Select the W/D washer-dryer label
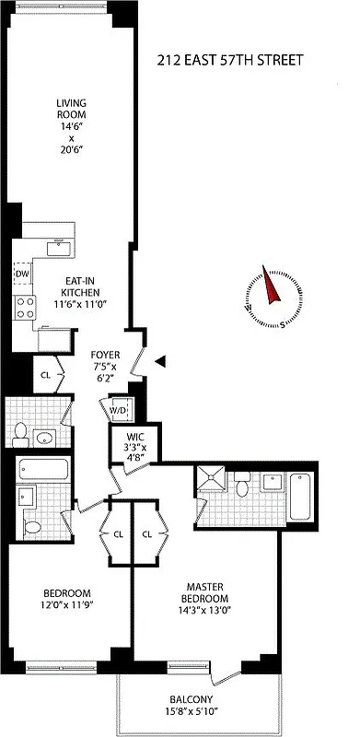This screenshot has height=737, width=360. click(119, 410)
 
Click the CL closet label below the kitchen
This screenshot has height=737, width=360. click(45, 375)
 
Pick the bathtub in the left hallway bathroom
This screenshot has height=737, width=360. click(42, 469)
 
